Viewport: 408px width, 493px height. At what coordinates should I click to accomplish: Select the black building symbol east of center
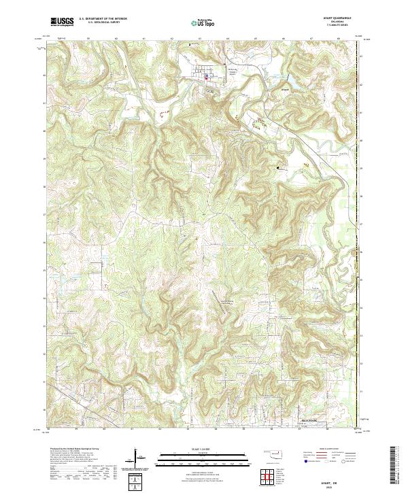click(278, 166)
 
